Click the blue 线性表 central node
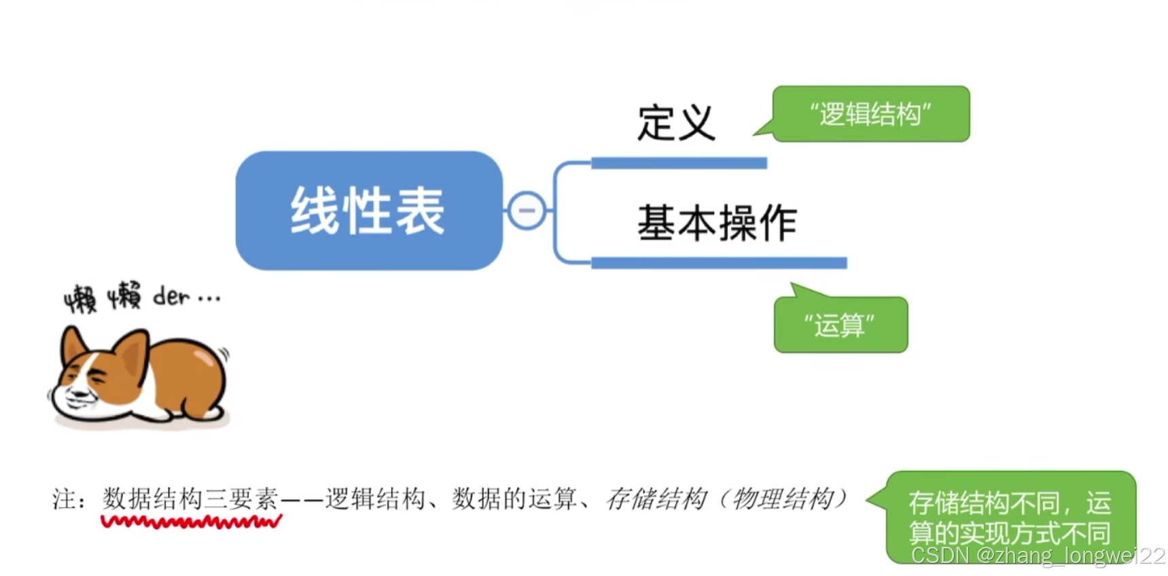coord(368,211)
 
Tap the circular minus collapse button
coord(527,211)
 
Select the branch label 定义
coord(676,124)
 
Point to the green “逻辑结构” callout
coord(870,114)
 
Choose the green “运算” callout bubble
coord(840,325)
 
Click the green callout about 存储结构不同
coord(1010,516)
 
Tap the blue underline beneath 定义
coord(679,163)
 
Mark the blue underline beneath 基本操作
coord(719,263)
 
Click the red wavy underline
coord(191,522)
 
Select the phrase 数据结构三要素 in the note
coord(190,499)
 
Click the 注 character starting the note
coord(63,500)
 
